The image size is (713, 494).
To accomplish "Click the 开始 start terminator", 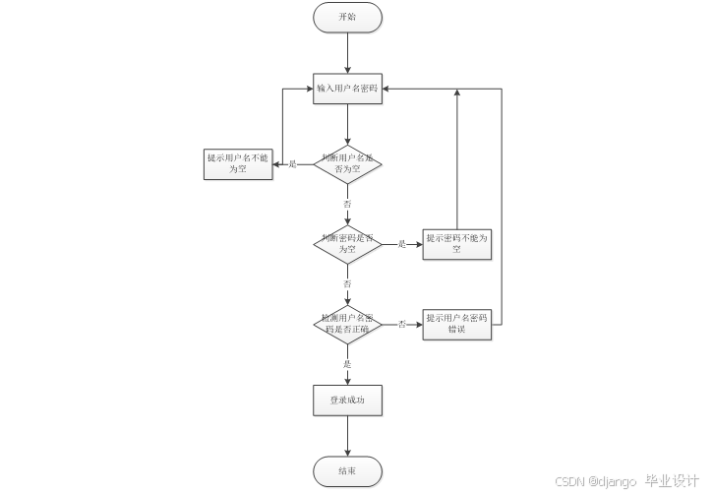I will [347, 18].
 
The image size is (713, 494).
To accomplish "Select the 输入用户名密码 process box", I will [347, 89].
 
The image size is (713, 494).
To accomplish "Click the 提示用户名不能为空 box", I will [239, 162].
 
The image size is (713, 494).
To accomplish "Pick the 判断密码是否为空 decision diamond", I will [347, 243].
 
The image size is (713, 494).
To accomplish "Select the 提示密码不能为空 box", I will [457, 243].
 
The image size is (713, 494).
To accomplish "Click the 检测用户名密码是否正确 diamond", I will [347, 324].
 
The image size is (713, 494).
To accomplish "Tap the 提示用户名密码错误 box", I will [457, 324].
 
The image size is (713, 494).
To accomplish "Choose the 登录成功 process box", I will [347, 401].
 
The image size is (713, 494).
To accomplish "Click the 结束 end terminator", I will [347, 471].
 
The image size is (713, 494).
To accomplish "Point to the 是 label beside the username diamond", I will [292, 163].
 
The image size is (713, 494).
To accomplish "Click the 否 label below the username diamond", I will [347, 203].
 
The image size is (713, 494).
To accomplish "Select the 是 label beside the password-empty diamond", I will [401, 244].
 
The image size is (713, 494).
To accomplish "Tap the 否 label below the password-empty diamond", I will [347, 283].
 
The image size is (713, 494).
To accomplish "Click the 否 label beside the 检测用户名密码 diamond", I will [401, 324].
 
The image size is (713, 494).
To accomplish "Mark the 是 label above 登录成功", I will [347, 364].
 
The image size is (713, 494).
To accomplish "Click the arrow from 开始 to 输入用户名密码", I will [347, 53].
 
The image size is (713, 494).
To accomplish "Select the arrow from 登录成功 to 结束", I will [347, 436].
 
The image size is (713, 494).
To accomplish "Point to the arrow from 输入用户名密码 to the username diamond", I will [347, 124].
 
